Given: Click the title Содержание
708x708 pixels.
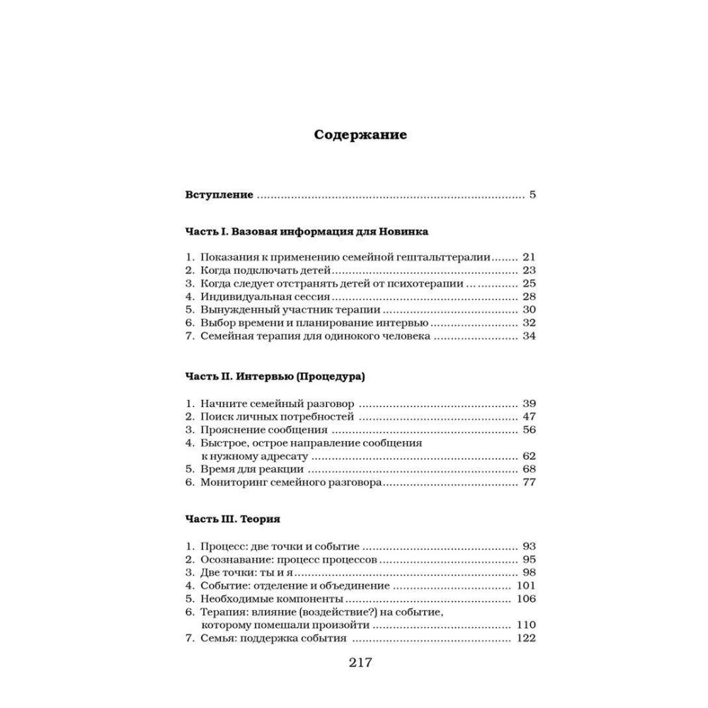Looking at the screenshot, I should [x=360, y=135].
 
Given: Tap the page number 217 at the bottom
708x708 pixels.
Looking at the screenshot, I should [x=360, y=663].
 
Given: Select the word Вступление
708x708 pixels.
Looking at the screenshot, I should [x=219, y=195].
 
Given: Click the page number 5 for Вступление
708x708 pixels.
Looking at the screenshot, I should [x=532, y=195].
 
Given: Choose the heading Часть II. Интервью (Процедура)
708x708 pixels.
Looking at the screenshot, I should [x=275, y=377].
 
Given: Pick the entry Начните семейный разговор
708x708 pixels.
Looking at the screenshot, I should [x=272, y=403].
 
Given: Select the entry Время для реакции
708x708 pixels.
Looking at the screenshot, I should [x=252, y=469].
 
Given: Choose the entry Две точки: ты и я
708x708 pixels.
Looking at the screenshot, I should [x=251, y=572].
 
